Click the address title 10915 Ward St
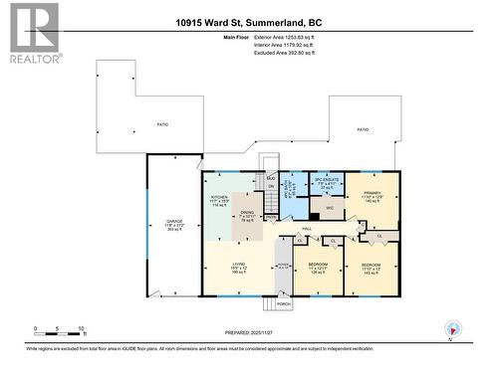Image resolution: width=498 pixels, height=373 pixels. pyautogui.click(x=248, y=23)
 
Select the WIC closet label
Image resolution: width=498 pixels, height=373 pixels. pyautogui.click(x=329, y=209)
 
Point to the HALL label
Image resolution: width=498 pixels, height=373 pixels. pyautogui.click(x=308, y=228)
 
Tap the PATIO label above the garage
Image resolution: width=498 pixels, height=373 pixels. pyautogui.click(x=161, y=124)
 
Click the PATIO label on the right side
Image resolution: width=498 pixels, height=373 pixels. pyautogui.click(x=363, y=129)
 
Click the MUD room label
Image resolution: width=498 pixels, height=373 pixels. pyautogui.click(x=268, y=176)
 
